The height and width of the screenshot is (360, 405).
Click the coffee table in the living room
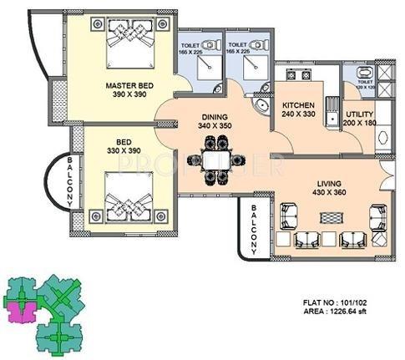(x=332, y=214)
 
